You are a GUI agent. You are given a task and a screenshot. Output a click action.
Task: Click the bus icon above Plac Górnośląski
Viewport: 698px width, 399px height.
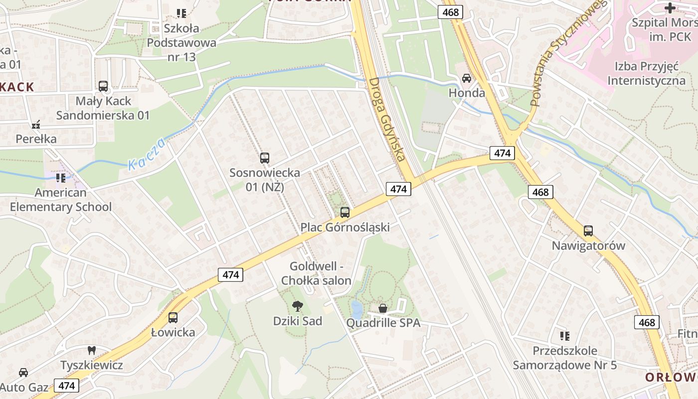click(x=345, y=212)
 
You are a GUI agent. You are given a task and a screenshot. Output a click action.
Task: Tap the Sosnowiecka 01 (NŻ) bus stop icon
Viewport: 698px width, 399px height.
click(x=265, y=158)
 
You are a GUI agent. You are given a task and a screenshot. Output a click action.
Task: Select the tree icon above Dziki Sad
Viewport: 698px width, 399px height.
click(x=298, y=306)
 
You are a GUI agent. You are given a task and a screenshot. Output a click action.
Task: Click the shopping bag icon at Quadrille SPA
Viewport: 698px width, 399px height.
click(x=383, y=308)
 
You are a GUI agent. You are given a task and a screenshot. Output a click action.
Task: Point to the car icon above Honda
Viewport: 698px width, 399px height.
click(x=467, y=78)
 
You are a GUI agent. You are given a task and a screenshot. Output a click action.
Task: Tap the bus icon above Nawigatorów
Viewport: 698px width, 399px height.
click(x=588, y=231)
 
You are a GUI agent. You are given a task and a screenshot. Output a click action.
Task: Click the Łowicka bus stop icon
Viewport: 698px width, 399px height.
click(x=173, y=317)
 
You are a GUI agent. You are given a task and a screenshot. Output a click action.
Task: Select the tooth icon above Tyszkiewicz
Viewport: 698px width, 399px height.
click(x=91, y=350)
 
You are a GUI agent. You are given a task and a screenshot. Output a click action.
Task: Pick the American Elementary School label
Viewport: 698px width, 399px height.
click(x=61, y=199)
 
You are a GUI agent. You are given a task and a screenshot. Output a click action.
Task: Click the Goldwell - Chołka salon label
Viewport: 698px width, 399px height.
click(x=316, y=273)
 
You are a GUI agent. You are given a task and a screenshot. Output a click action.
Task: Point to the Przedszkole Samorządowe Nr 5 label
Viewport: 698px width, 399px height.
click(x=565, y=358)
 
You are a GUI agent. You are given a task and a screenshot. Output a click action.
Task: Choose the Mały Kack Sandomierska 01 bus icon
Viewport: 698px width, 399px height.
click(x=103, y=86)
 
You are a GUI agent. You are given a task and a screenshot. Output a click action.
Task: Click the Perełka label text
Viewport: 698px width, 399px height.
click(x=36, y=139)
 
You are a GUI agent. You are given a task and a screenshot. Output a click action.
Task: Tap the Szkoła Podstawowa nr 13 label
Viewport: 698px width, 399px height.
click(x=181, y=42)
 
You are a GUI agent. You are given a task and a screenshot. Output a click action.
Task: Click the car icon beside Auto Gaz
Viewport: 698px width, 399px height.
click(x=23, y=372)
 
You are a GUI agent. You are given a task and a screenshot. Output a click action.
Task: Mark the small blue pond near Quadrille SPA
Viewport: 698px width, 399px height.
click(x=357, y=308)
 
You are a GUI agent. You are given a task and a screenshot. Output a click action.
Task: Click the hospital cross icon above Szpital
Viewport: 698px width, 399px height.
click(x=670, y=7)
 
